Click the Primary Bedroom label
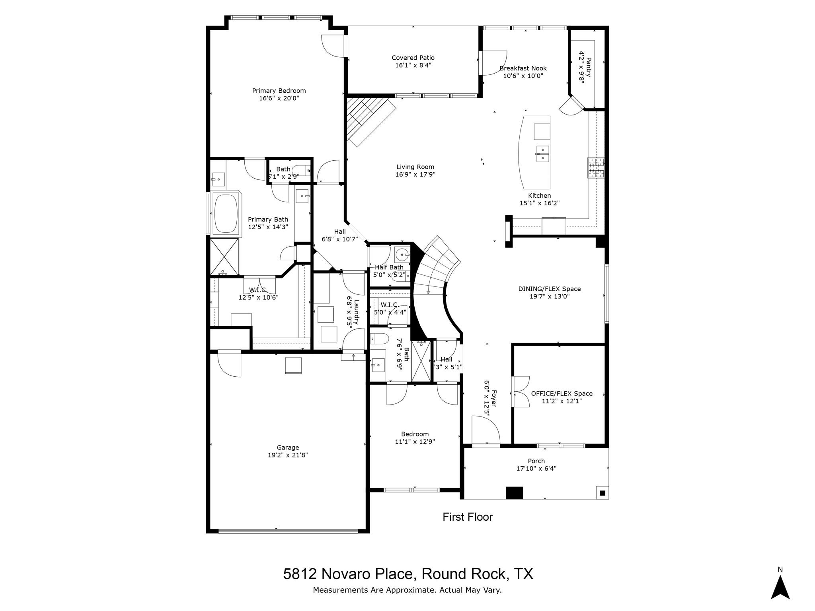pyautogui.click(x=279, y=91)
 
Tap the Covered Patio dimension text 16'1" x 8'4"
pyautogui.click(x=413, y=65)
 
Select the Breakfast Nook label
pyautogui.click(x=523, y=68)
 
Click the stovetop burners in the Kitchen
pyautogui.click(x=596, y=167)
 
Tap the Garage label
pyautogui.click(x=288, y=448)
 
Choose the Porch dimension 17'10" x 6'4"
pyautogui.click(x=536, y=469)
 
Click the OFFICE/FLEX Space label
pyautogui.click(x=562, y=393)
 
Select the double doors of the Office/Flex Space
pyautogui.click(x=521, y=392)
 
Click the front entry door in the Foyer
pyautogui.click(x=485, y=430)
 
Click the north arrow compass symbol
pyautogui.click(x=780, y=590)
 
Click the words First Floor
pyautogui.click(x=468, y=517)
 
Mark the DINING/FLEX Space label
pyautogui.click(x=549, y=289)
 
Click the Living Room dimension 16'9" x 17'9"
pyautogui.click(x=415, y=174)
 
